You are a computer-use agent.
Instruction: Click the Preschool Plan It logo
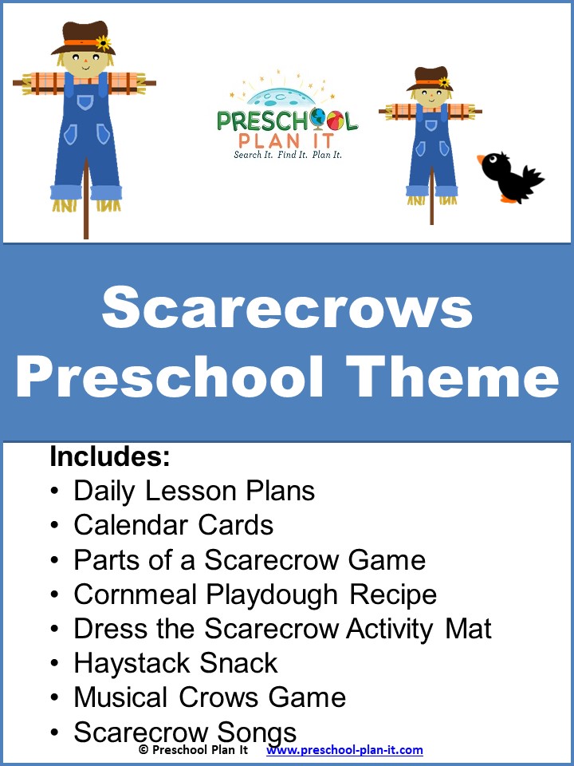(288, 116)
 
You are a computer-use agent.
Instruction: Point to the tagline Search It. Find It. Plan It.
(288, 155)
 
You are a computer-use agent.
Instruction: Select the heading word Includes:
(110, 457)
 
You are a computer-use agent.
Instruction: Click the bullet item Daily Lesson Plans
(194, 491)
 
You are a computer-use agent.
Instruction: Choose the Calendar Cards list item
(173, 525)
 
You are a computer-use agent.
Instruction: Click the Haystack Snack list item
(175, 663)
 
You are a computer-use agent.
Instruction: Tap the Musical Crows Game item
(210, 697)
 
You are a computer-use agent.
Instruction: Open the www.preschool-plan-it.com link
(344, 750)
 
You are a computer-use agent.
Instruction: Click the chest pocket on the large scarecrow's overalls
(85, 103)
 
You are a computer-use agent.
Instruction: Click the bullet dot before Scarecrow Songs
(54, 732)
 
